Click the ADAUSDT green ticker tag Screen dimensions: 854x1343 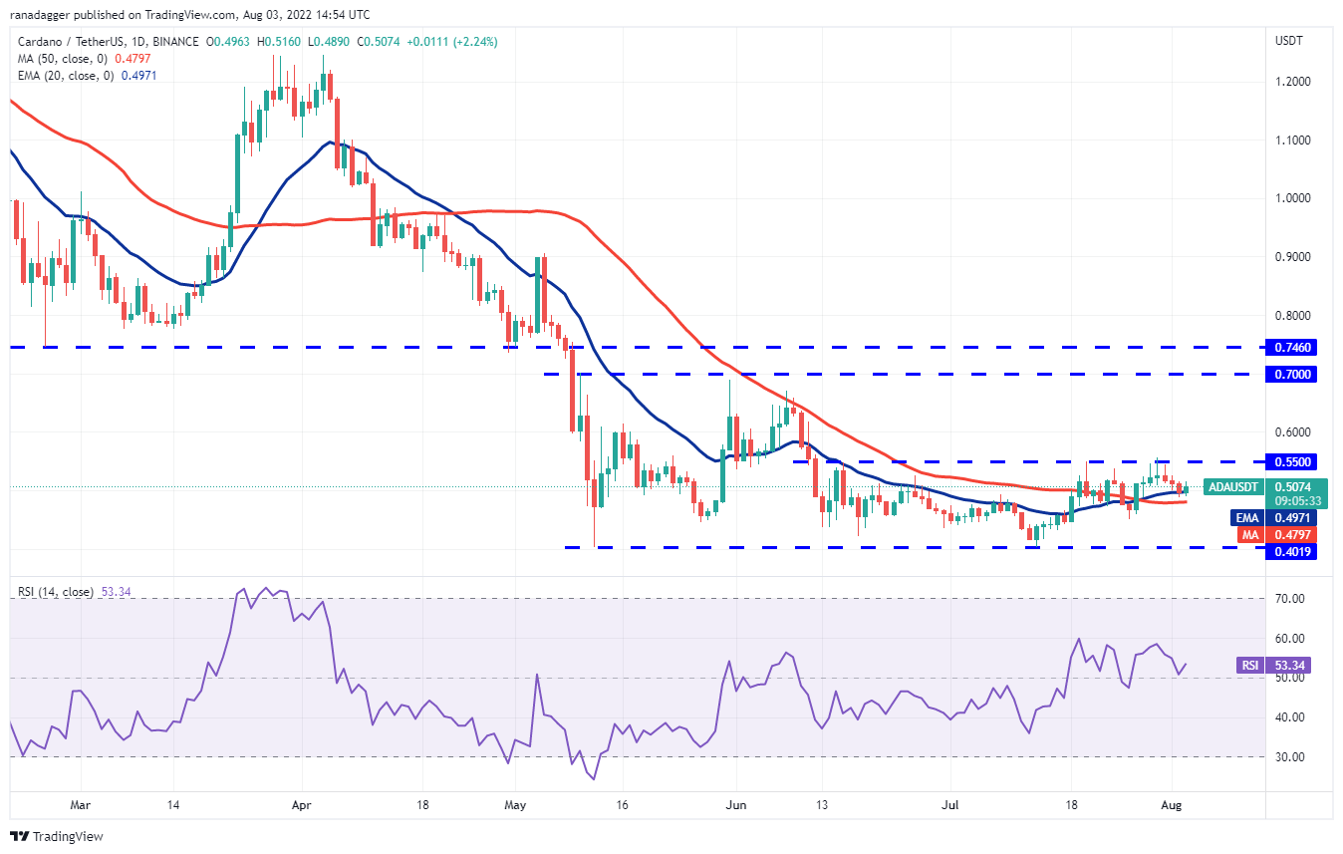coord(1232,487)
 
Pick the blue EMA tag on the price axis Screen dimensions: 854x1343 coord(1249,518)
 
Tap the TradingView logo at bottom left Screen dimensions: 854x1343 coord(57,836)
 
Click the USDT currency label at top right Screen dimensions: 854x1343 coord(1290,41)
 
